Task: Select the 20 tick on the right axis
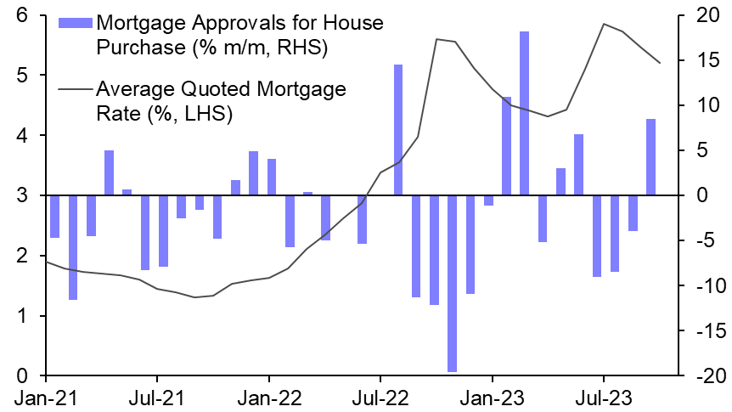pyautogui.click(x=707, y=15)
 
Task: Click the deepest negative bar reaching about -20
pyautogui.click(x=452, y=284)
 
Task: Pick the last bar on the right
pyautogui.click(x=651, y=157)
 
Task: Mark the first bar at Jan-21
pyautogui.click(x=54, y=217)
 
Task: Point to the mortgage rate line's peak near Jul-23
pyautogui.click(x=604, y=24)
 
